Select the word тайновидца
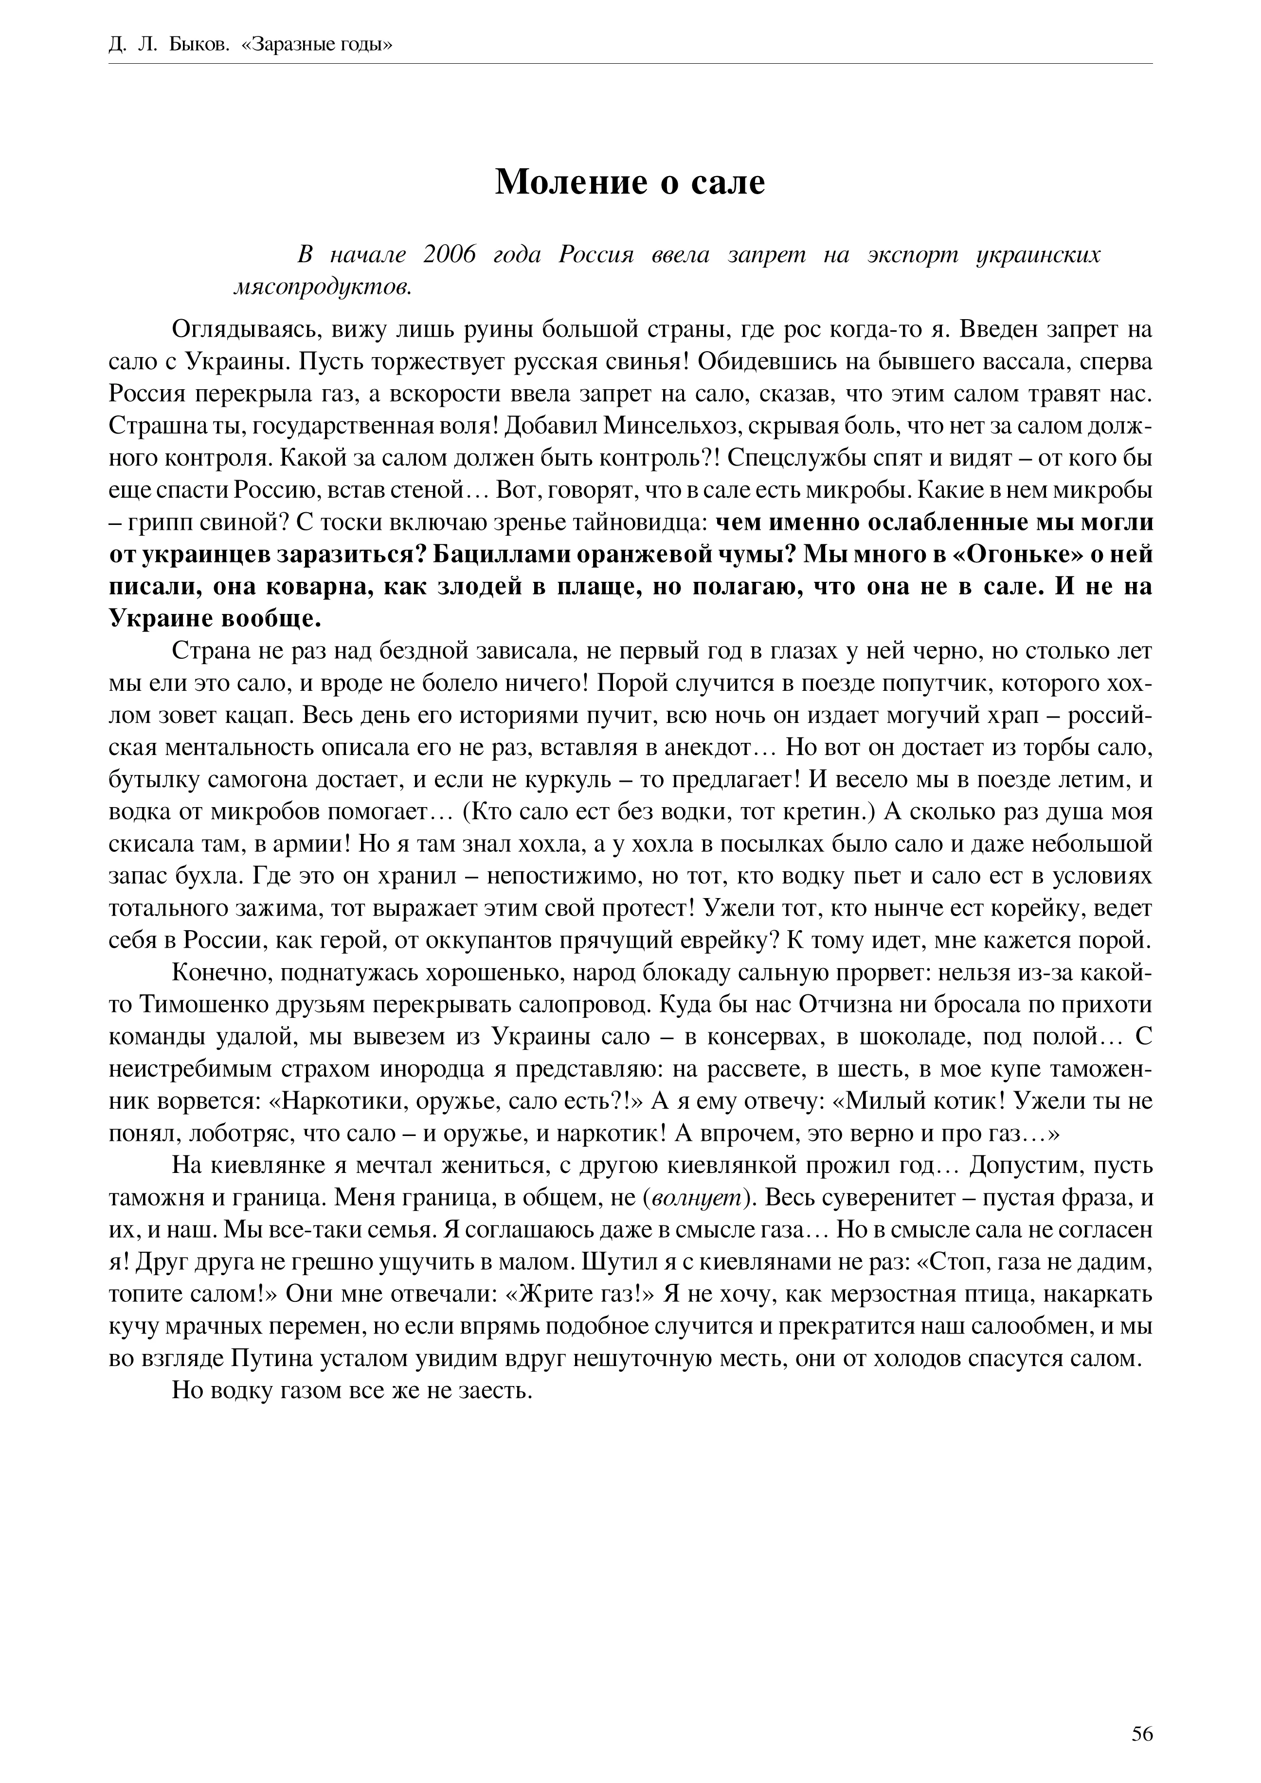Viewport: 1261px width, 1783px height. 638,522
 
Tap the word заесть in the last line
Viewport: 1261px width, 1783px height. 491,1391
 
